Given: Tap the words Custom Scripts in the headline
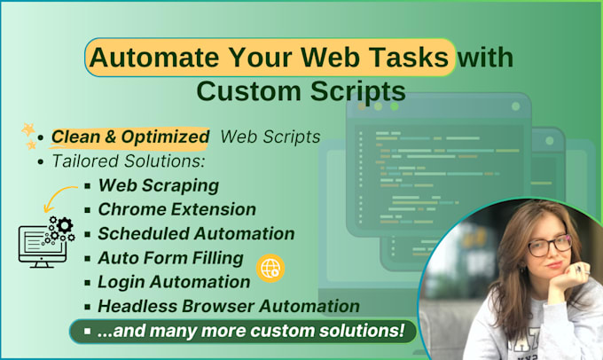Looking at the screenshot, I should [x=301, y=90].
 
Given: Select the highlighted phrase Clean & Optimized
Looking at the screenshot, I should [x=130, y=137].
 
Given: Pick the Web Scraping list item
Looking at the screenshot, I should [x=158, y=186].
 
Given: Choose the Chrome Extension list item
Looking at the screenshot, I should [x=176, y=210].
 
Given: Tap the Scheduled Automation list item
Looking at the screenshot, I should [x=196, y=234].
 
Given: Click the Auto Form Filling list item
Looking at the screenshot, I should [x=170, y=258].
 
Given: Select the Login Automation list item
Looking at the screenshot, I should [x=174, y=282].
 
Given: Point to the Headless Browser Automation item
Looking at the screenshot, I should [x=228, y=306].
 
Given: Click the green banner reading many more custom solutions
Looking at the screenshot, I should [x=243, y=332].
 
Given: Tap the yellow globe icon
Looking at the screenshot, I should [x=270, y=268].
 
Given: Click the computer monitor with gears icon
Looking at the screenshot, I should [x=45, y=239].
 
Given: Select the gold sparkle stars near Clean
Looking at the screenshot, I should [x=30, y=136].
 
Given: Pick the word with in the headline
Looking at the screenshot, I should [x=485, y=58].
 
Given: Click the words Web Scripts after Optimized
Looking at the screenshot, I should [x=270, y=137].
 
